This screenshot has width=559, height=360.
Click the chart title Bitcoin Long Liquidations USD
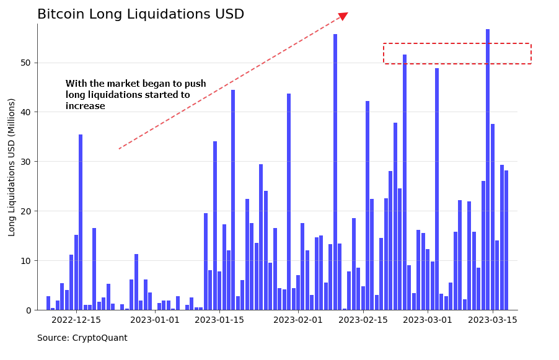click(x=141, y=14)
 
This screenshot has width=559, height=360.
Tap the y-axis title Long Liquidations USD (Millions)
click(x=12, y=167)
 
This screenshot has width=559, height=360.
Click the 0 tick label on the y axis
click(x=29, y=310)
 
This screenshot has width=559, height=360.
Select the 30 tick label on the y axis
click(x=26, y=162)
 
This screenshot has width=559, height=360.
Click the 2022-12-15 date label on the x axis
click(x=76, y=320)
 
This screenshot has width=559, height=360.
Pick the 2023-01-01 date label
click(x=155, y=320)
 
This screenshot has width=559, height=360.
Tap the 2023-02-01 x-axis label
click(x=298, y=320)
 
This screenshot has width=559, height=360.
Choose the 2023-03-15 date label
click(x=493, y=320)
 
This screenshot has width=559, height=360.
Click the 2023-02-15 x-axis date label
click(x=363, y=320)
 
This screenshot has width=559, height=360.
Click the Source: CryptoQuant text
click(x=82, y=338)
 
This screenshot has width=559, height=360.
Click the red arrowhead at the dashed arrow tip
click(x=343, y=16)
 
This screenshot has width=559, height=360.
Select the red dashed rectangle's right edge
click(x=531, y=53)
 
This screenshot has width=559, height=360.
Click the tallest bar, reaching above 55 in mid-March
click(x=488, y=170)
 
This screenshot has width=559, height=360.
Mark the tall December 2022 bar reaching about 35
click(x=81, y=222)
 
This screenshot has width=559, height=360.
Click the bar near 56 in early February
click(x=335, y=172)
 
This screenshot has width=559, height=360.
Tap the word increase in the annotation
click(x=85, y=106)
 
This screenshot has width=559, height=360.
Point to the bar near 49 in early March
click(x=437, y=189)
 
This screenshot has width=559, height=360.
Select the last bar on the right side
click(x=506, y=240)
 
